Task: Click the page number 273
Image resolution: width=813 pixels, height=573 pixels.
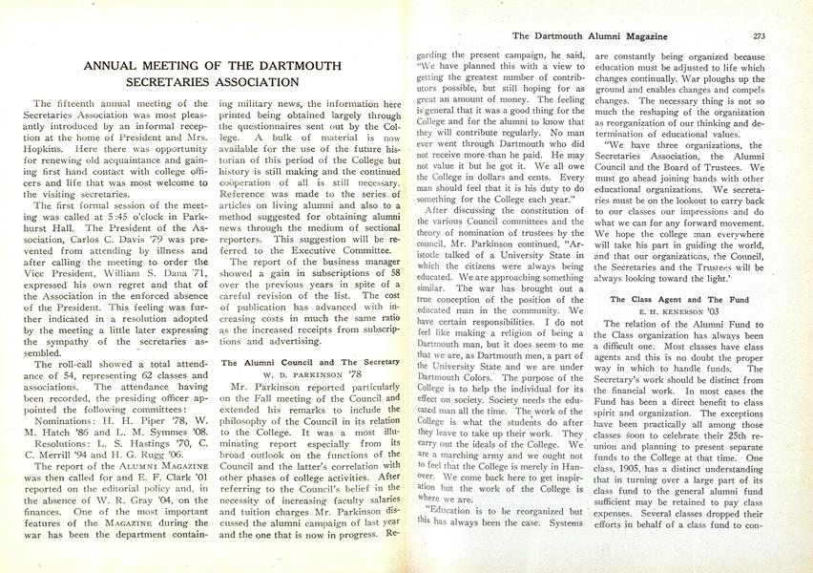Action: (760, 36)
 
